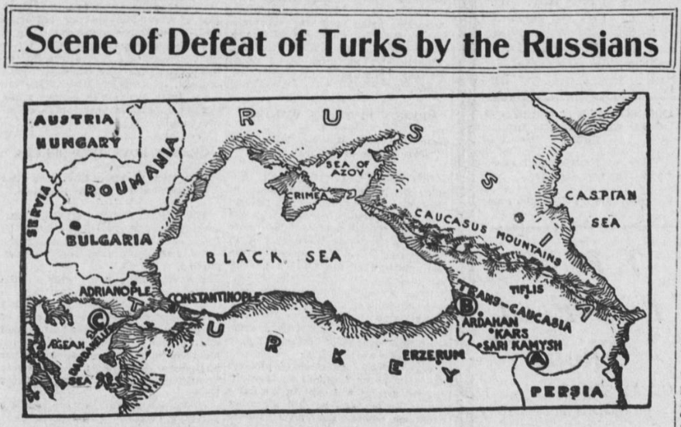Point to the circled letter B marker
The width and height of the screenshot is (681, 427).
[x=467, y=306]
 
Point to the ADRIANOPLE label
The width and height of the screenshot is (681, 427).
[x=115, y=291]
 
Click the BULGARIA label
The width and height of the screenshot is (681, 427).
[x=109, y=240]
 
